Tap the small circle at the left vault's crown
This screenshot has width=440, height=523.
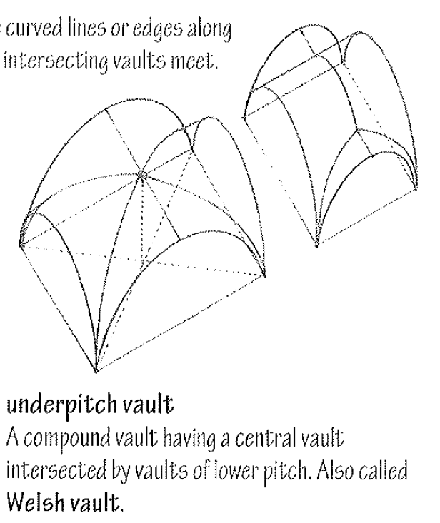coord(142,174)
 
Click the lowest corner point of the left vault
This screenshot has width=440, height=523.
coord(96,371)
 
